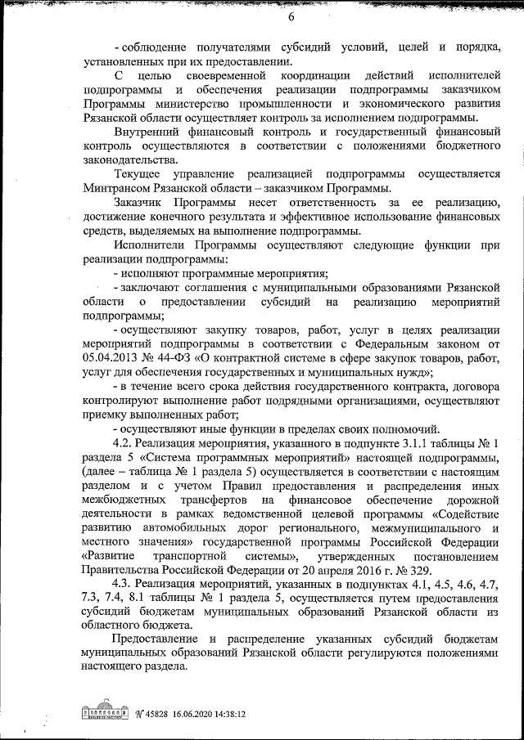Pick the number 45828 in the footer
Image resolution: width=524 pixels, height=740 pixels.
tap(124, 713)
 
